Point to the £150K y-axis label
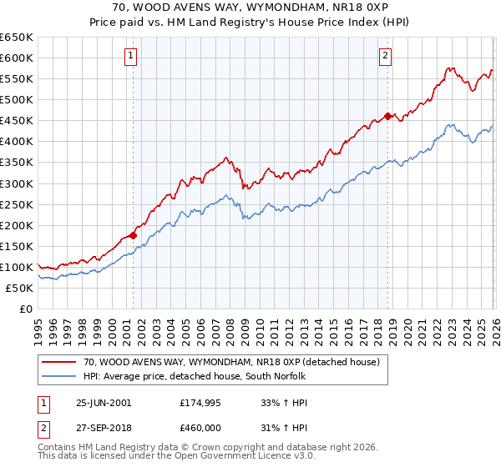pyautogui.click(x=17, y=246)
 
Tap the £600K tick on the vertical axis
pyautogui.click(x=17, y=58)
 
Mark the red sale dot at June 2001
pyautogui.click(x=133, y=235)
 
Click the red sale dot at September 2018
pyautogui.click(x=387, y=116)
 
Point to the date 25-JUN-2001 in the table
pyautogui.click(x=104, y=402)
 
